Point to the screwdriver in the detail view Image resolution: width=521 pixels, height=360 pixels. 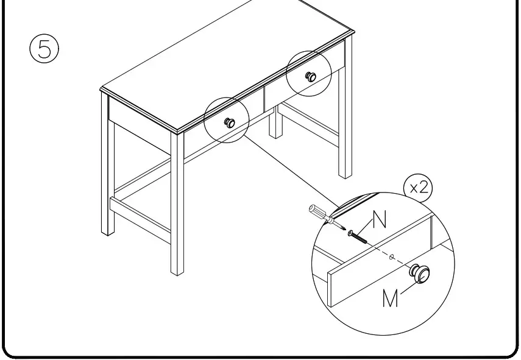click(321, 215)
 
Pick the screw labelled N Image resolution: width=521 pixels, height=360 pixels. click(359, 235)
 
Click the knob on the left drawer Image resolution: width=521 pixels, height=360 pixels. click(230, 122)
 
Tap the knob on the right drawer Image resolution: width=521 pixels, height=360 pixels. click(310, 76)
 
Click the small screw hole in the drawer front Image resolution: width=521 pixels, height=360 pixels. click(391, 256)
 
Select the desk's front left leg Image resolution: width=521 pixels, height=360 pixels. click(177, 207)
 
